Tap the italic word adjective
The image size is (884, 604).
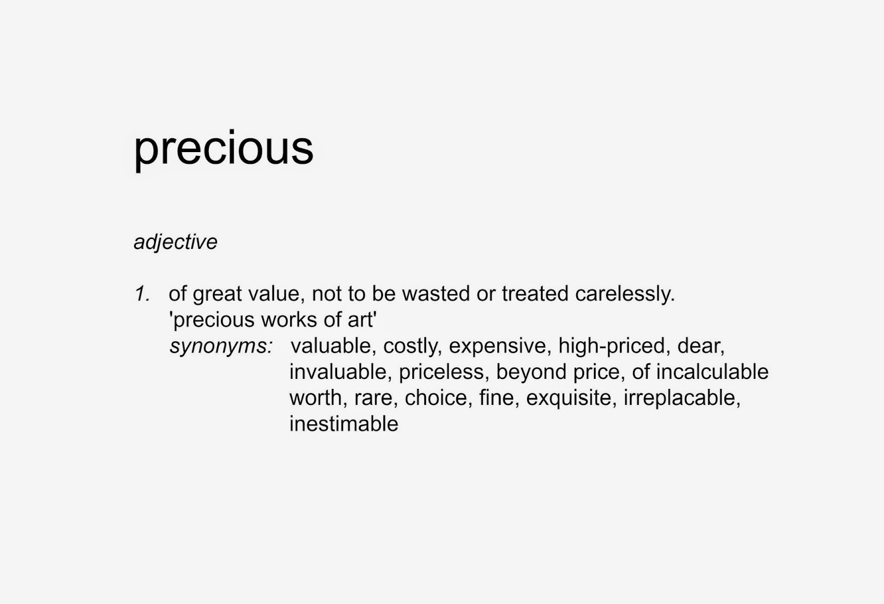[176, 242]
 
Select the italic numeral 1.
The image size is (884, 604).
[142, 294]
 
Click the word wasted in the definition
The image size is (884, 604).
[435, 294]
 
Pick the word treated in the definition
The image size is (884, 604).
[535, 294]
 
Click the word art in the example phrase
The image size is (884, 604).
[362, 320]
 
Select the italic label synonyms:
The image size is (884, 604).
[221, 346]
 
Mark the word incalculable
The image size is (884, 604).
[712, 372]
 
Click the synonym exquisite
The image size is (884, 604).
[570, 398]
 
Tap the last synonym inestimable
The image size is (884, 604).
[344, 424]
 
